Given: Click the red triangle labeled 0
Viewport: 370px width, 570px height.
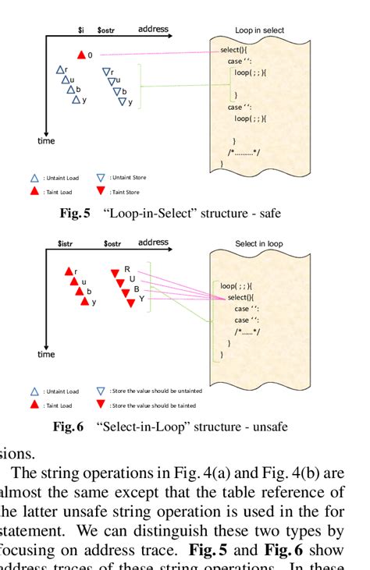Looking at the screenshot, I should (81, 55).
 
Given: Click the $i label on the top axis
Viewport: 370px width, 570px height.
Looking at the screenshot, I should (80, 30).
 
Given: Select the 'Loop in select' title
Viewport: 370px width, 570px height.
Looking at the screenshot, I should (259, 30).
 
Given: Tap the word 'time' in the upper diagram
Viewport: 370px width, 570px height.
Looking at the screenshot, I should (46, 141).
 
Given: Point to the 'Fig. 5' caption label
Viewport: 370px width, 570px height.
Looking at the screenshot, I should (75, 213).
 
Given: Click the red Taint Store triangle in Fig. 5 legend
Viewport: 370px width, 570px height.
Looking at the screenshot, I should (101, 191).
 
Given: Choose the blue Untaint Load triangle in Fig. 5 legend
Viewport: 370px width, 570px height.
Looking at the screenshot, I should (34, 178).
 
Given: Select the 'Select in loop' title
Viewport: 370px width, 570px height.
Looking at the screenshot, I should (259, 244).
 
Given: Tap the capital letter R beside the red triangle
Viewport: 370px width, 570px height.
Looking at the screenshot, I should (126, 269).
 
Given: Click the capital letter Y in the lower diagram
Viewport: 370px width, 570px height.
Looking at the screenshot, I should (141, 298).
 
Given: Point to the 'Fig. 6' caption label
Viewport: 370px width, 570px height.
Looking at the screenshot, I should (68, 427).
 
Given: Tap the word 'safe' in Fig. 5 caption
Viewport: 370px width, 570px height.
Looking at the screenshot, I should (268, 213).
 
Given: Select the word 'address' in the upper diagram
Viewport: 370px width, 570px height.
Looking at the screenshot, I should (153, 29).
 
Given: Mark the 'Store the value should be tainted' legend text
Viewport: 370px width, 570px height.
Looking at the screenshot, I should (153, 405).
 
